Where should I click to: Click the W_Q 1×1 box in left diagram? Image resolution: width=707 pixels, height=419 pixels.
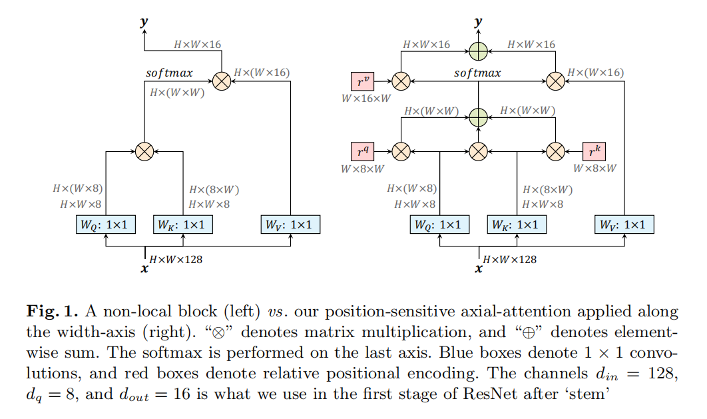(106, 224)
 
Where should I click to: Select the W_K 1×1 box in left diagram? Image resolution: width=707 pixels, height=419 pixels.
(183, 224)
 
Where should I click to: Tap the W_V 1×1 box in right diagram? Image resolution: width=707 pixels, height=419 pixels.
(623, 224)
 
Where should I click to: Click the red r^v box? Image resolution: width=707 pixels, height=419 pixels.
(363, 81)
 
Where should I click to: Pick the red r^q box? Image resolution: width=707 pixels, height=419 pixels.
(363, 151)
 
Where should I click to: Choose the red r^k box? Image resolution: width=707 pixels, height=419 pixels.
(594, 151)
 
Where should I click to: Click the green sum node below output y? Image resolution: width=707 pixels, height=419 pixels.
(478, 51)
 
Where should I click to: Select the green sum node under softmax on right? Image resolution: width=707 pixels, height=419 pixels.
(478, 117)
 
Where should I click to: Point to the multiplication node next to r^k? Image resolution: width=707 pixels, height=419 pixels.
(555, 151)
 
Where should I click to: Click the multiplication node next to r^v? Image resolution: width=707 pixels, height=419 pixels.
(400, 81)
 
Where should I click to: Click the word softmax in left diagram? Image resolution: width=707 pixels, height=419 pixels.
(169, 73)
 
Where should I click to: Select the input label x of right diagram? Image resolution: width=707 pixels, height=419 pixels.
(478, 270)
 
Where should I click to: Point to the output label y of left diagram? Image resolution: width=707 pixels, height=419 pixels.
(144, 22)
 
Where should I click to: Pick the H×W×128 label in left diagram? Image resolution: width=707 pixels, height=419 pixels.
(176, 258)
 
